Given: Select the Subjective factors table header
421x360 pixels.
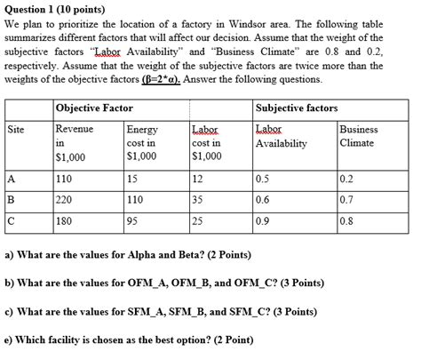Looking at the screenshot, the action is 296,108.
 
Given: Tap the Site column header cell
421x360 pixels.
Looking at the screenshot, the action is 16,130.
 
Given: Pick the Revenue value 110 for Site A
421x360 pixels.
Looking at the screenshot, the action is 64,178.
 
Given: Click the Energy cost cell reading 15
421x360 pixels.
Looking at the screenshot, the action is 134,178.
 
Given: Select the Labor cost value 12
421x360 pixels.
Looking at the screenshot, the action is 197,178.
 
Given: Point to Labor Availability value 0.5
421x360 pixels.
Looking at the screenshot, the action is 262,178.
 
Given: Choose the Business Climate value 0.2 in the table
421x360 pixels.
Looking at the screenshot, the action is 346,178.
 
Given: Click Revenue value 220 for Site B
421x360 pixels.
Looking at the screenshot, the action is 64,200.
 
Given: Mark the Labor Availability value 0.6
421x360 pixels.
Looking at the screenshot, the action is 262,200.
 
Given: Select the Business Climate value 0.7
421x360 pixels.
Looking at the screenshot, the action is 346,200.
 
